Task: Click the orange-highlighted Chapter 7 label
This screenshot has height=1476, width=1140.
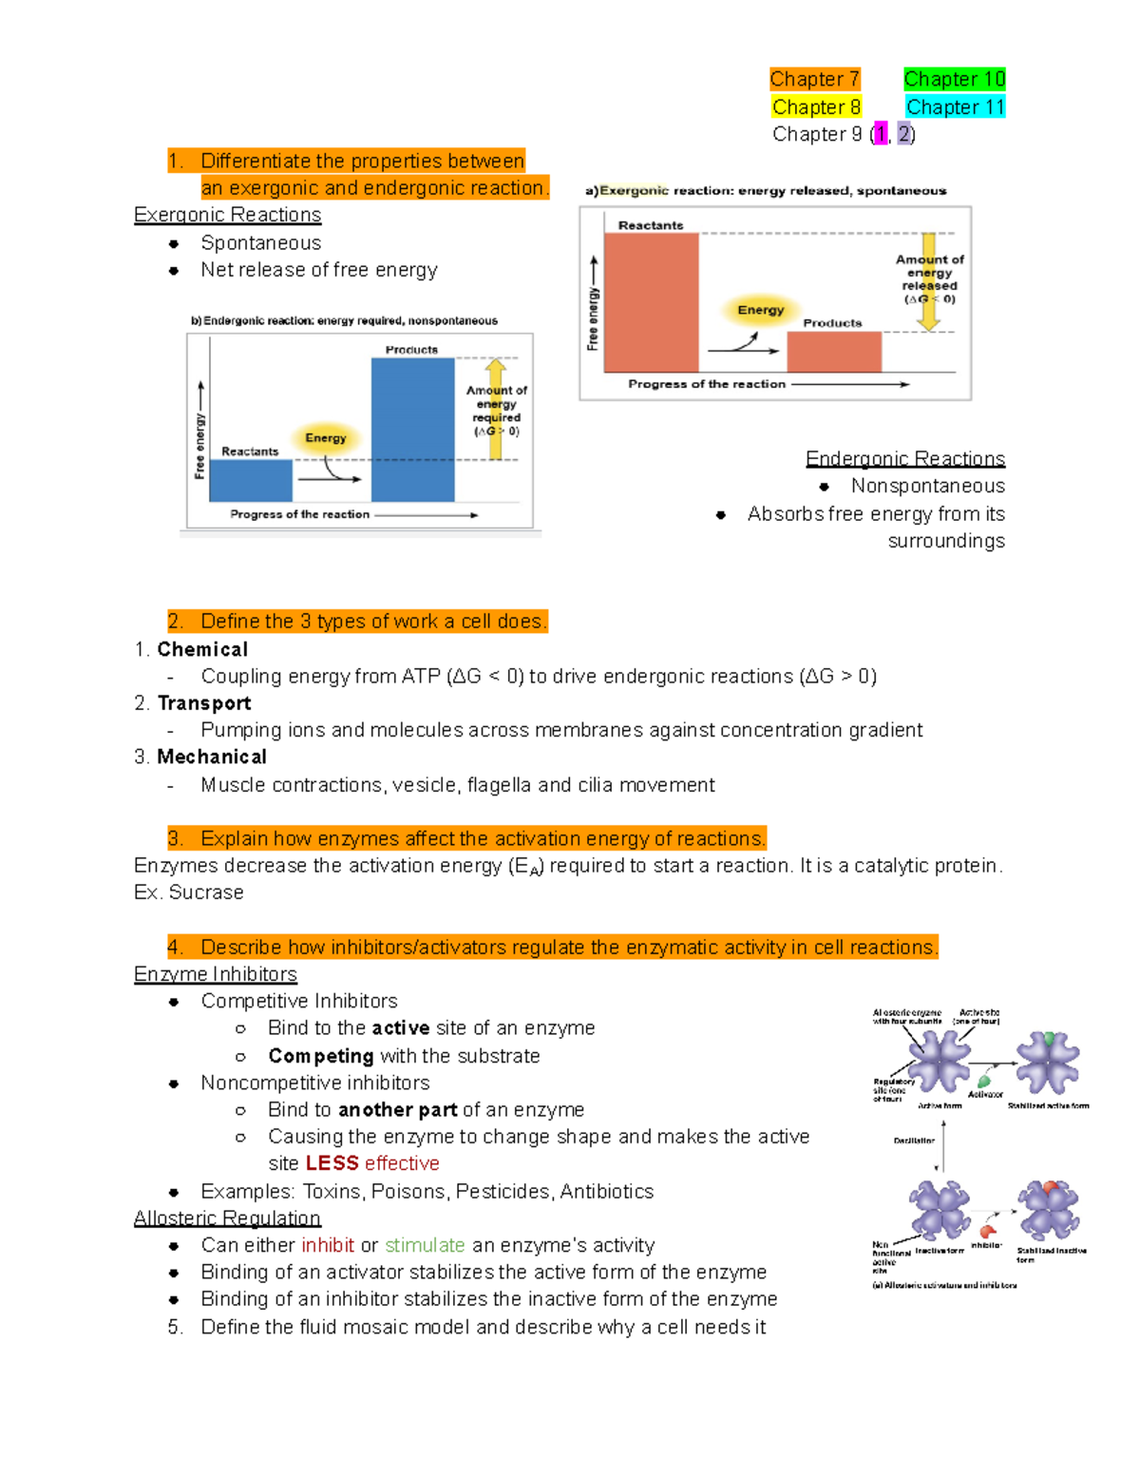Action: coord(814,79)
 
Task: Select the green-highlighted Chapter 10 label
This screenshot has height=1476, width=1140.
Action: coord(954,79)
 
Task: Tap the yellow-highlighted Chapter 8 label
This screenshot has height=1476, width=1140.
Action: coord(815,106)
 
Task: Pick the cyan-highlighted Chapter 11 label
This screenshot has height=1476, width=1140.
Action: coord(955,106)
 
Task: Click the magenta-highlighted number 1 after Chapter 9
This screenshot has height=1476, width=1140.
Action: coord(881,134)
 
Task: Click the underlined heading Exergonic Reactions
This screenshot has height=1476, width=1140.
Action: coord(227,215)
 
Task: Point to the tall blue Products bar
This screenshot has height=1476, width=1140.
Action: coord(412,429)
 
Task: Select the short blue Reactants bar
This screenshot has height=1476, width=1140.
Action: coord(250,480)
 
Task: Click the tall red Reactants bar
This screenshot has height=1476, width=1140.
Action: coord(651,302)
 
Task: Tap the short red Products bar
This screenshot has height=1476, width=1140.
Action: coord(833,352)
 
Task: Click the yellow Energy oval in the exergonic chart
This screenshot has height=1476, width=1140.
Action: coord(760,310)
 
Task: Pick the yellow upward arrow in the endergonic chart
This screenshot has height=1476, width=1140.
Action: coord(495,409)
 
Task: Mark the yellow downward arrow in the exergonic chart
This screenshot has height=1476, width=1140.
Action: coord(929,281)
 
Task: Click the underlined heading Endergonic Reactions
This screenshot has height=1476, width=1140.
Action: coord(904,459)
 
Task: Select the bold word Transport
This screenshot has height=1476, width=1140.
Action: coord(204,703)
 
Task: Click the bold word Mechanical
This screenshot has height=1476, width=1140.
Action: coord(212,757)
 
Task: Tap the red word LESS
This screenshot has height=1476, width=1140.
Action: coord(332,1163)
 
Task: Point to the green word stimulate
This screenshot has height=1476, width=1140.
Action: coord(425,1245)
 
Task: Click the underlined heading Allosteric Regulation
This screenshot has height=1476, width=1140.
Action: coord(227,1218)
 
